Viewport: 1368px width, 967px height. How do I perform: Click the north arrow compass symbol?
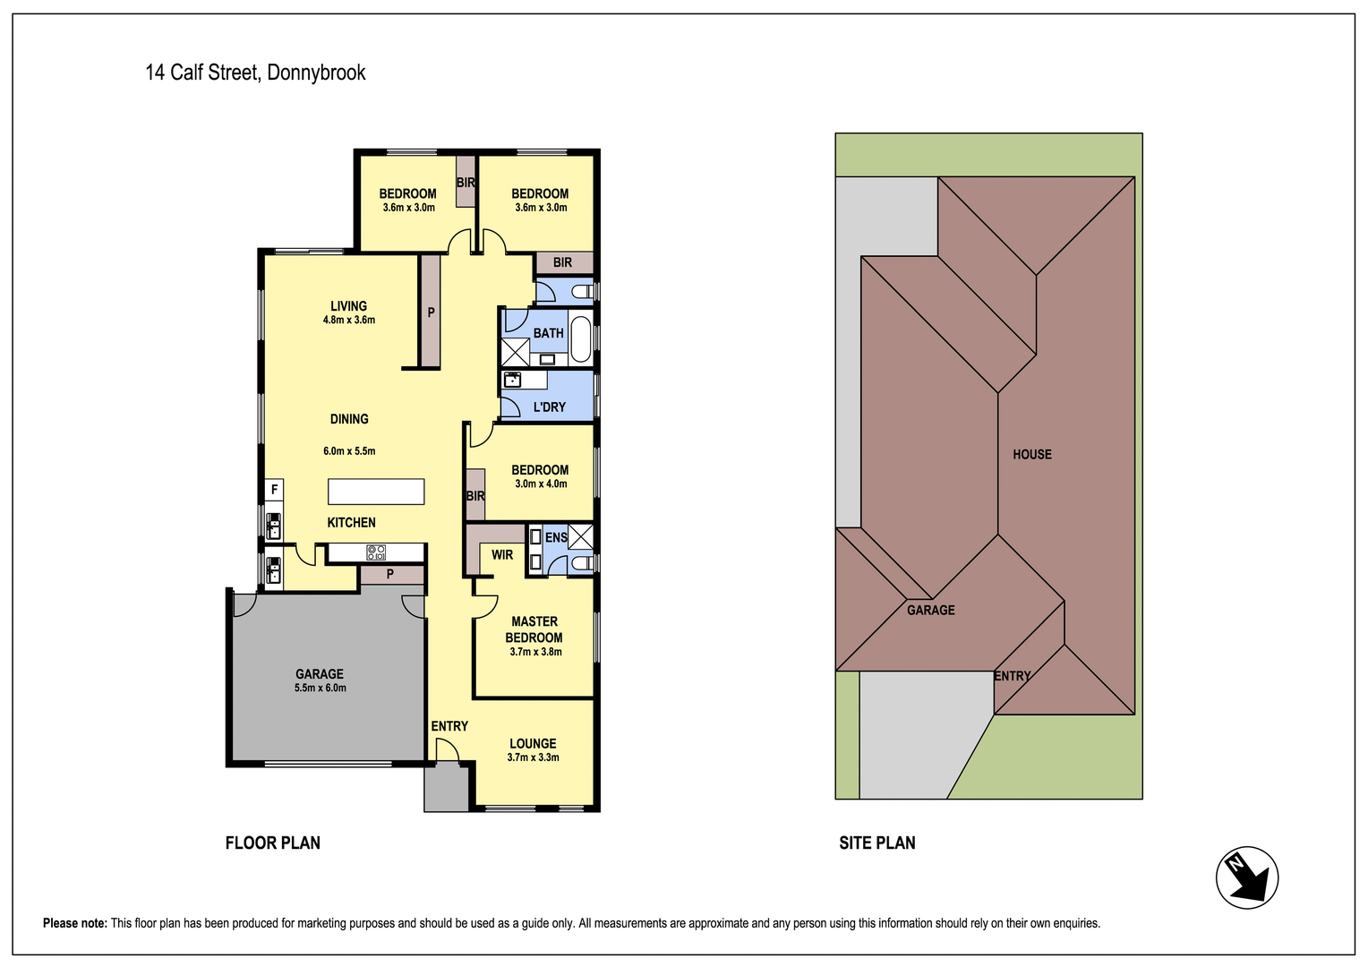1246,877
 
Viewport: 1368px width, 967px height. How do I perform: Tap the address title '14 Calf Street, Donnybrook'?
255,73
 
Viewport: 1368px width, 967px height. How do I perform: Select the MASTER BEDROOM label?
534,629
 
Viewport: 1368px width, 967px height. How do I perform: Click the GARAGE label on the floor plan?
320,674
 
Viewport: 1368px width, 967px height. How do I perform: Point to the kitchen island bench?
376,492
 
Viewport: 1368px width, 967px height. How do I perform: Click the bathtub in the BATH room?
581,338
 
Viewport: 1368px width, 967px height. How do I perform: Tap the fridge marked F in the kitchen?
274,490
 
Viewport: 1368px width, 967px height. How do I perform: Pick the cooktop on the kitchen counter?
376,552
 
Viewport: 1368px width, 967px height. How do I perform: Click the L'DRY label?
550,406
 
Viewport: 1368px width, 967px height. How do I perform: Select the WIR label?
502,554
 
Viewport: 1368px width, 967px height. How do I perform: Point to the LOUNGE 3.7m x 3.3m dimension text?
534,757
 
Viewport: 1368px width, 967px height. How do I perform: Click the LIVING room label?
349,305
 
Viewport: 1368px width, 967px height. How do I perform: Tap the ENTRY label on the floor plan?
449,726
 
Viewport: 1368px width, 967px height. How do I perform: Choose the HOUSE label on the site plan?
1032,454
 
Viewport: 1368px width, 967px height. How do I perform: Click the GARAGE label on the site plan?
931,610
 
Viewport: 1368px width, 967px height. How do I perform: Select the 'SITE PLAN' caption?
877,843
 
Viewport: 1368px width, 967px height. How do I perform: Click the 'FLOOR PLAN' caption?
272,843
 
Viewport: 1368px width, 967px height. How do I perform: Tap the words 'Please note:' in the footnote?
75,923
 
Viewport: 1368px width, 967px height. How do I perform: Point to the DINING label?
349,419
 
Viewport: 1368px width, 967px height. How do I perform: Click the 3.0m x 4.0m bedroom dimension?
541,483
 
